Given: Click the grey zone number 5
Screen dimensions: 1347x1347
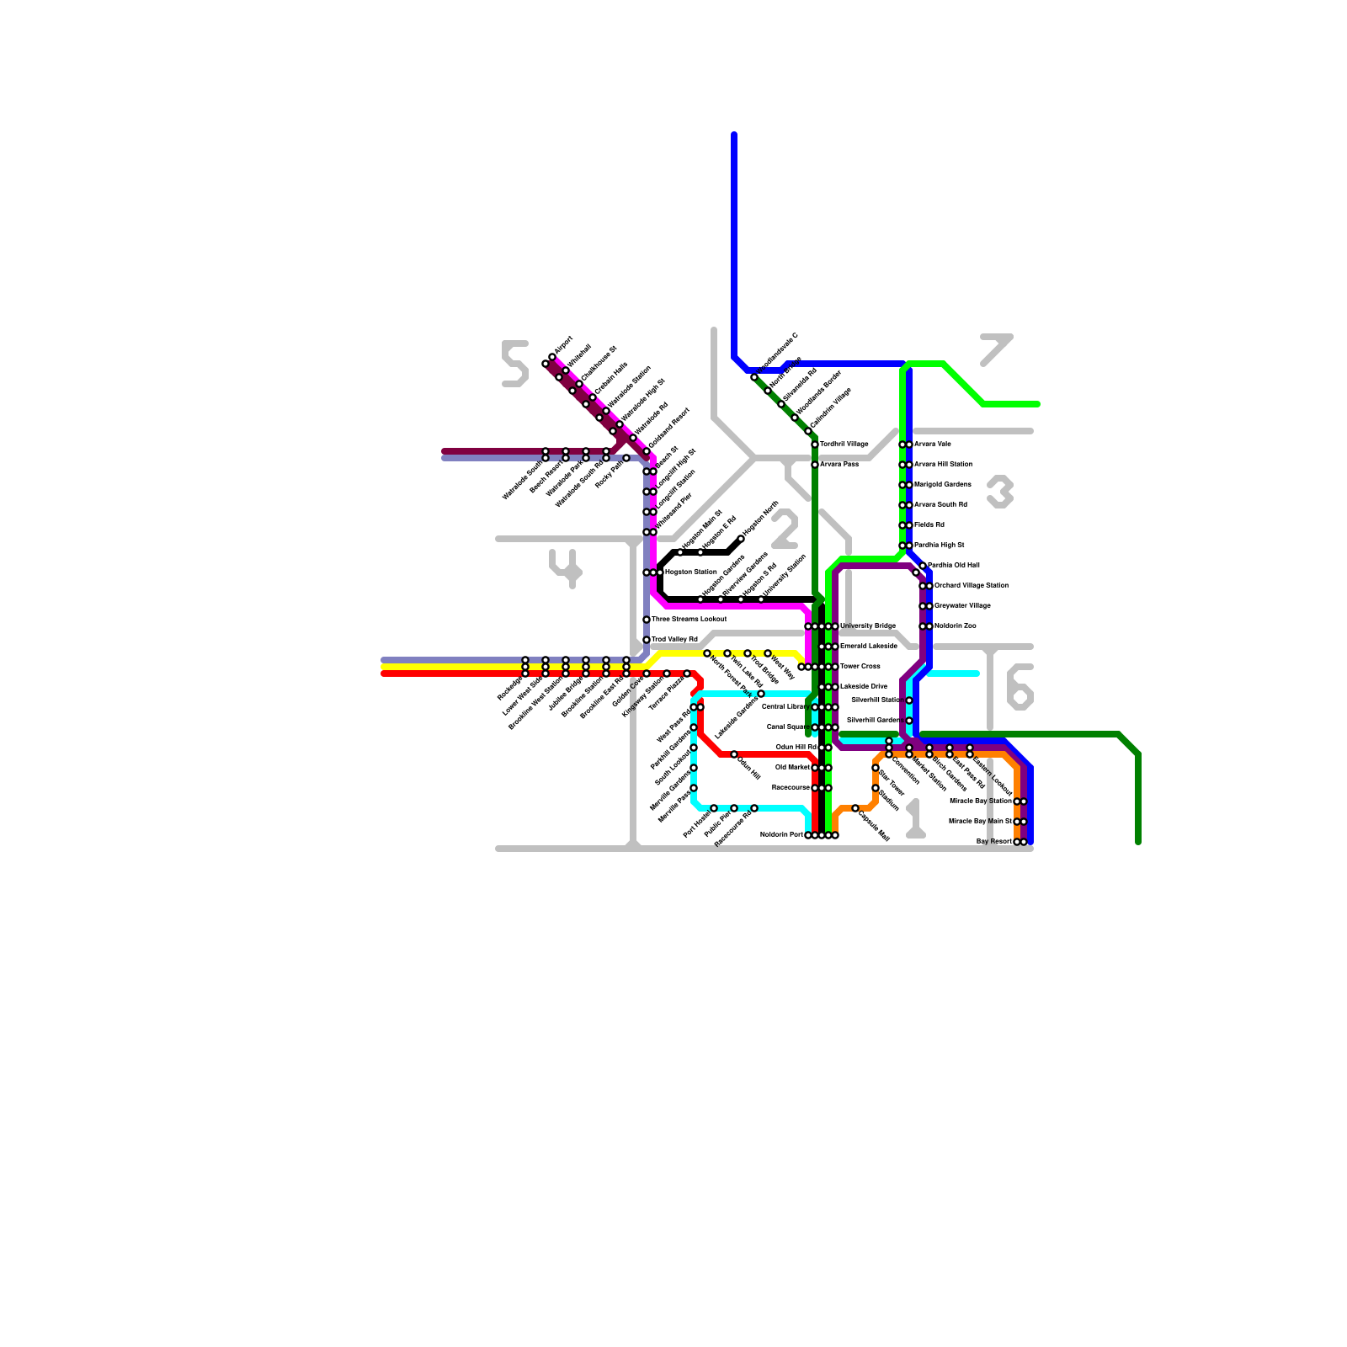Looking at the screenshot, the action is coord(514,364).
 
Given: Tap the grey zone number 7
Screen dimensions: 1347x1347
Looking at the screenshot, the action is coord(996,349).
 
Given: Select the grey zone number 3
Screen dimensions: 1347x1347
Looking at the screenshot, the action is coord(1000,492).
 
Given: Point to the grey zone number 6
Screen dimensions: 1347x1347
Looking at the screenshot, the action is coord(1020,686).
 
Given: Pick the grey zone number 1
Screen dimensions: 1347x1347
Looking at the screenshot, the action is coord(915,819).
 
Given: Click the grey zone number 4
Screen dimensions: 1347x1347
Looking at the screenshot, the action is coord(566,567).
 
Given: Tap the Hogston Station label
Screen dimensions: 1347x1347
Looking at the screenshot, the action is coord(690,572).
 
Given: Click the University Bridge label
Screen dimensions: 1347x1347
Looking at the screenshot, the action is coord(867,626).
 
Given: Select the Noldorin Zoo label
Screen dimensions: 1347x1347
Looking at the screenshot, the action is coord(955,626).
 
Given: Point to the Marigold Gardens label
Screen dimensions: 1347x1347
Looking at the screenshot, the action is coord(942,485).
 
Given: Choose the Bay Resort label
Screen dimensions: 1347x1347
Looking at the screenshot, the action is coord(993,842).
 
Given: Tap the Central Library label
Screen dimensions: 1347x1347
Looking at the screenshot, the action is coord(785,707).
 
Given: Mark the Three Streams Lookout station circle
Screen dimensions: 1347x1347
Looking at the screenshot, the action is coord(647,620).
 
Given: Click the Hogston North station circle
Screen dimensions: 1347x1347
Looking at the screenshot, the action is coord(741,539).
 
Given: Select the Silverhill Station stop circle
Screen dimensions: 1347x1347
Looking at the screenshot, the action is coord(909,700).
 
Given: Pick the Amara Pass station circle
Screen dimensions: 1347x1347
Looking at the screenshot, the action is coord(815,465).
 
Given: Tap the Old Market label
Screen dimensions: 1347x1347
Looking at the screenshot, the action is coord(792,768).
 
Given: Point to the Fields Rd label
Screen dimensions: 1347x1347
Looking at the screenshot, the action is coord(929,525).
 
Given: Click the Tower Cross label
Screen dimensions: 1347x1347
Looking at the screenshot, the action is coord(860,667).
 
